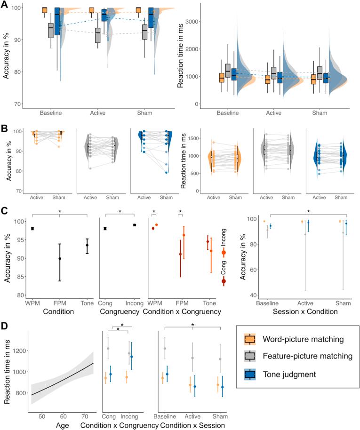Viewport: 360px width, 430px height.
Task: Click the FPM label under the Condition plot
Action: (59, 301)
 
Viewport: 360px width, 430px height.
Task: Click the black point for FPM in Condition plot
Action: (59, 258)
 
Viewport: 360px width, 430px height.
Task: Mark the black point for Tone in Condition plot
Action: (88, 245)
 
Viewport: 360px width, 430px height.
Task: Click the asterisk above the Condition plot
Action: (60, 212)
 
